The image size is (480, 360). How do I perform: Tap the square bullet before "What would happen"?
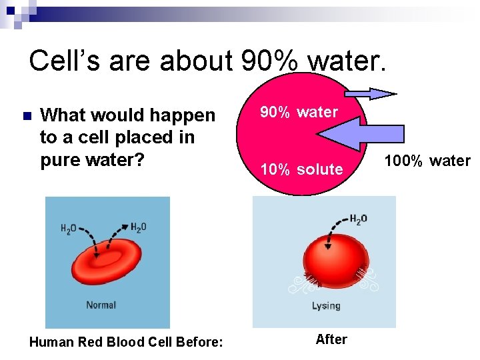pyautogui.click(x=26, y=115)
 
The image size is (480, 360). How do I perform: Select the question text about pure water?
pyautogui.click(x=127, y=138)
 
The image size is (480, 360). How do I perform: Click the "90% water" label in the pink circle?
pyautogui.click(x=299, y=112)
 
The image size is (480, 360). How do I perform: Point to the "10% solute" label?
pyautogui.click(x=301, y=169)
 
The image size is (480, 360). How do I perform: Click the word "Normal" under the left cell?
pyautogui.click(x=101, y=305)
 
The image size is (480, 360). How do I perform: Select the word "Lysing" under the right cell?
pyautogui.click(x=326, y=306)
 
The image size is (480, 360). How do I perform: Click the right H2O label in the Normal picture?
pyautogui.click(x=138, y=227)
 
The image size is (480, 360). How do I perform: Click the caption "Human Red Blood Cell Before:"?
pyautogui.click(x=126, y=343)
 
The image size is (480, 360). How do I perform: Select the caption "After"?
pyautogui.click(x=331, y=339)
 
